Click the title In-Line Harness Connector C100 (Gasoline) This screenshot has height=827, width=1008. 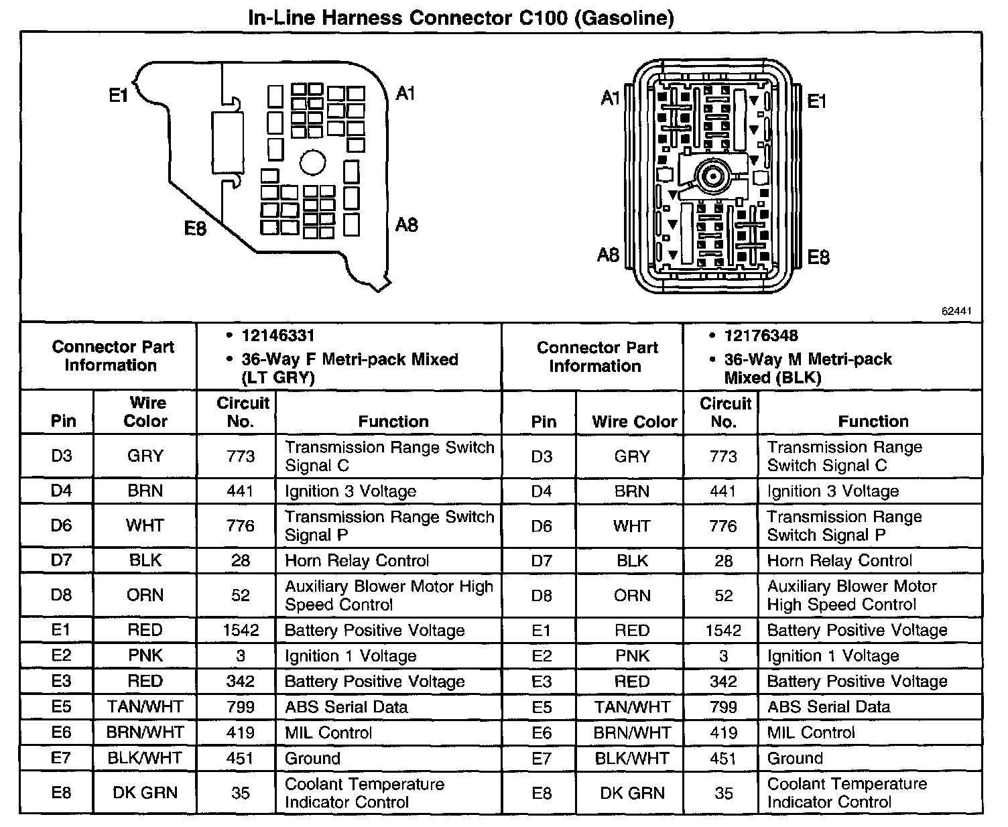click(460, 17)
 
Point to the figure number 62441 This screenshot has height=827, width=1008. click(956, 312)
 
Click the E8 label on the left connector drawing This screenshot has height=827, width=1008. click(195, 229)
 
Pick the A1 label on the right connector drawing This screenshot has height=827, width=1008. click(609, 99)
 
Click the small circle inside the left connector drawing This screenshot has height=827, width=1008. click(312, 163)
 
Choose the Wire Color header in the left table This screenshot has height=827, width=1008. click(146, 411)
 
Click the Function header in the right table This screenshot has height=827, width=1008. click(873, 422)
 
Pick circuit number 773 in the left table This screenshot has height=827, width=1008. click(241, 456)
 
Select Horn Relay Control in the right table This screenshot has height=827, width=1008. click(839, 561)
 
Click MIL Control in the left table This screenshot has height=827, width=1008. click(328, 733)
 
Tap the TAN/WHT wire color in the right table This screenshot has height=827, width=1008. click(632, 707)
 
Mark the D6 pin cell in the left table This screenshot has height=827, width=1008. click(61, 525)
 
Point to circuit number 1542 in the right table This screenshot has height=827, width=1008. click(723, 631)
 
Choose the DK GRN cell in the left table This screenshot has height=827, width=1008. click(145, 793)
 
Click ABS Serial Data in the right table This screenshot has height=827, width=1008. click(828, 707)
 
